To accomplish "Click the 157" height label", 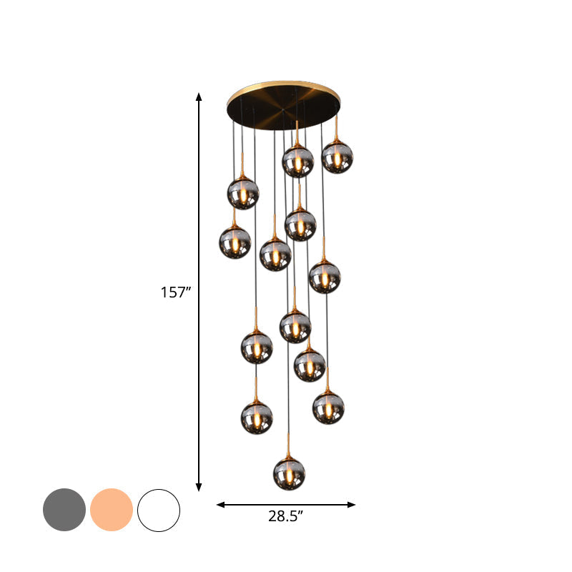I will click(x=176, y=292).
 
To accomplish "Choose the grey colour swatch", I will click(x=64, y=510).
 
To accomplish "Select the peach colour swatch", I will click(x=112, y=510).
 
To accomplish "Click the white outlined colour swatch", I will click(x=159, y=510).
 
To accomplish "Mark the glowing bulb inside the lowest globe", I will click(x=289, y=475).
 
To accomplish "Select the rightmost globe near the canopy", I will click(x=337, y=157).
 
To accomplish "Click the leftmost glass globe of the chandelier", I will click(x=235, y=242).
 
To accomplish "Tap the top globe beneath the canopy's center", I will click(x=297, y=162).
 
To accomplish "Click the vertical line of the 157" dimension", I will click(x=199, y=214).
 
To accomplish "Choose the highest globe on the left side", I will click(x=243, y=193).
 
